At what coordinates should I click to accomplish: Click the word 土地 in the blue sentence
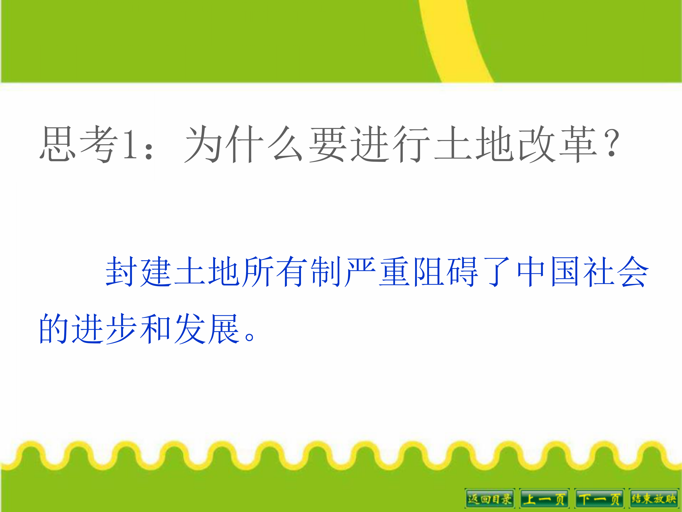207,272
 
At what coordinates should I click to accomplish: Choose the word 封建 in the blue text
139,272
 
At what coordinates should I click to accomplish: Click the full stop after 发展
249,336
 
